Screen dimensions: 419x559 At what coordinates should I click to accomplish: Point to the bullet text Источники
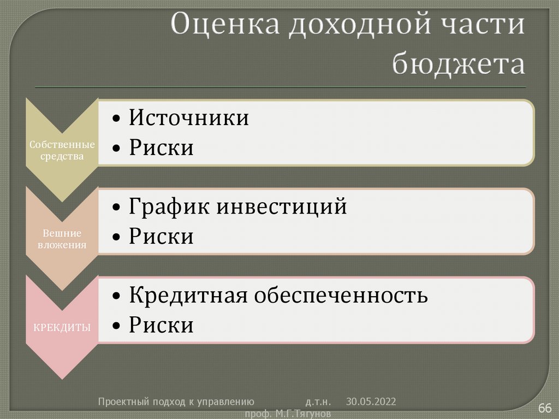click(189, 118)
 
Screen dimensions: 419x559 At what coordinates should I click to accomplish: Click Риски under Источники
click(161, 148)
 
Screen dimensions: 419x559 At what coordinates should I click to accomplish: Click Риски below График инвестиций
click(161, 237)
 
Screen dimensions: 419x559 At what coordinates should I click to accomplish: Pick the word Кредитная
click(189, 296)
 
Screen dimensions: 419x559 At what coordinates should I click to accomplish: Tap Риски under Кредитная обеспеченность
click(161, 326)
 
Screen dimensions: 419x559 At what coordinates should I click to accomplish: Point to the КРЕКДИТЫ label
click(62, 328)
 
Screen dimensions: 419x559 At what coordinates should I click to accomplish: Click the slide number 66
click(545, 408)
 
